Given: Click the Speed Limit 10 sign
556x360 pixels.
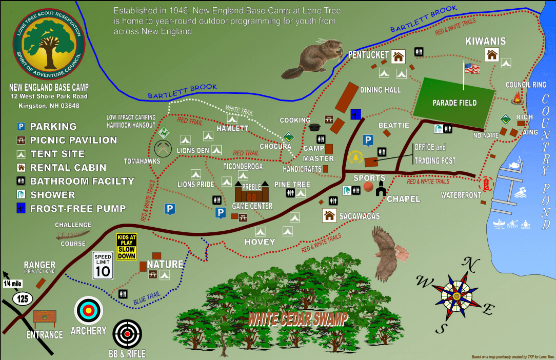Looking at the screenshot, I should [103, 266].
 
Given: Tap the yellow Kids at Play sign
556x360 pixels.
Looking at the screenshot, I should [126, 247].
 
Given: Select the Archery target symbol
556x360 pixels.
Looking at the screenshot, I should [89, 310].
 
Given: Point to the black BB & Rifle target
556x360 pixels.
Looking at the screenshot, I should [126, 334].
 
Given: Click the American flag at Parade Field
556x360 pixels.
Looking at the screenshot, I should [471, 68].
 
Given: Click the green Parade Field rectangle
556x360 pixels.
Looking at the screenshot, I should [454, 103].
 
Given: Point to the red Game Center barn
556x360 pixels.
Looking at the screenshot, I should [251, 193].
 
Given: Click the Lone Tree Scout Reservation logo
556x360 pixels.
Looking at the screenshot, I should [46, 44].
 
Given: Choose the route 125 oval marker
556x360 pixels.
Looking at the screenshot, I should [23, 298].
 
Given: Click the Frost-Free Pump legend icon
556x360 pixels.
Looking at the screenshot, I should [21, 208].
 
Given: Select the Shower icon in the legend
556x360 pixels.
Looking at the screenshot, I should [21, 195].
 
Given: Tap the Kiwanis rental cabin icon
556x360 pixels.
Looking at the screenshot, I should [492, 54].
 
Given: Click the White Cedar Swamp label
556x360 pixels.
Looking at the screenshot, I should [297, 318].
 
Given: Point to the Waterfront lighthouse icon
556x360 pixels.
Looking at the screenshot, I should [486, 183].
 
